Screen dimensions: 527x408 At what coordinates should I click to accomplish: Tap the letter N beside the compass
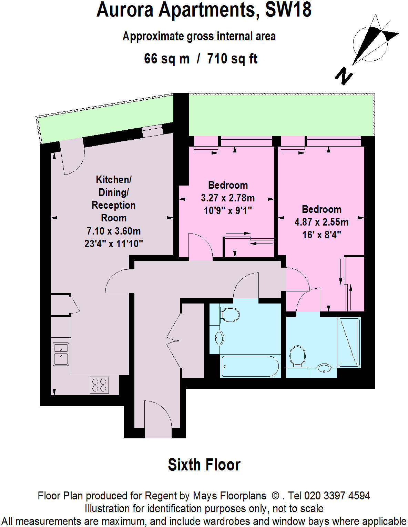(344, 76)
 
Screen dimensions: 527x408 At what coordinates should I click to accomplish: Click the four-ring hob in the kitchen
(99, 385)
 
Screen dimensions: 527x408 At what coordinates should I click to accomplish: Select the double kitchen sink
(61, 354)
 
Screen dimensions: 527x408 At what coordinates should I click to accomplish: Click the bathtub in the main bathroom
(250, 366)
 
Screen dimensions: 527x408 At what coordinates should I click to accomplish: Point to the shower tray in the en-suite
(349, 342)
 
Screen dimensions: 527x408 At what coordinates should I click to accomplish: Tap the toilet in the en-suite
(297, 356)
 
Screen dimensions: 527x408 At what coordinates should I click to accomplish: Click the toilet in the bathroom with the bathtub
(230, 314)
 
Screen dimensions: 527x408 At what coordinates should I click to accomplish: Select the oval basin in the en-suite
(324, 368)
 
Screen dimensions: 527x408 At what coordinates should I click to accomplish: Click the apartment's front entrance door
(158, 419)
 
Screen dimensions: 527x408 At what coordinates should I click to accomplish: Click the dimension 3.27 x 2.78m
(228, 198)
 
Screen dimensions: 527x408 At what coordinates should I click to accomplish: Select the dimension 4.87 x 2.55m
(321, 222)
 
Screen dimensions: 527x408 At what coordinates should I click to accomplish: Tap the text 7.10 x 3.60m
(113, 231)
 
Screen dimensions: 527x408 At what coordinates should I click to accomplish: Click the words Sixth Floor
(204, 465)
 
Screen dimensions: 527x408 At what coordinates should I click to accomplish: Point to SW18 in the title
(288, 10)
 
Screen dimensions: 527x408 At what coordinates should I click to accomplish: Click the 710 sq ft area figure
(232, 59)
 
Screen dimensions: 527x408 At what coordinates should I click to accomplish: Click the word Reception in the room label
(113, 205)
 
